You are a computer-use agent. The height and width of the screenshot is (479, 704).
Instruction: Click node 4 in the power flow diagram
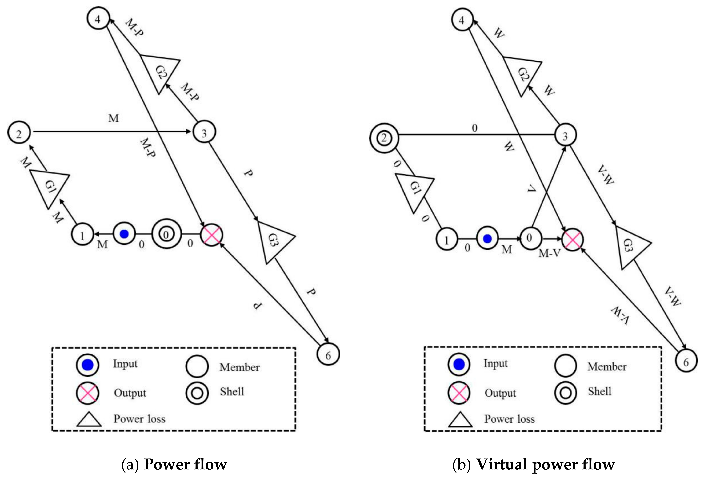[98, 19]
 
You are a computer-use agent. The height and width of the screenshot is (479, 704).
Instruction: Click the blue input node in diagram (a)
[124, 234]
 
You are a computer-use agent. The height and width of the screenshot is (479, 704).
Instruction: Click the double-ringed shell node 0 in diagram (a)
[166, 234]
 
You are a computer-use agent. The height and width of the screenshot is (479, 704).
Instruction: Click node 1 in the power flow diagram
[82, 235]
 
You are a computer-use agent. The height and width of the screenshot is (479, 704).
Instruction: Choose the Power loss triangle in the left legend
[89, 420]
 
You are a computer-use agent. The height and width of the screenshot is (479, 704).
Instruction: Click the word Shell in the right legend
[599, 391]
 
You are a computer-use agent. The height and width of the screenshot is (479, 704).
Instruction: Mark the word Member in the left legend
[239, 367]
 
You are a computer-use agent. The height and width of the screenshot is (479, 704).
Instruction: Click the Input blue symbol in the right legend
[459, 364]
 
